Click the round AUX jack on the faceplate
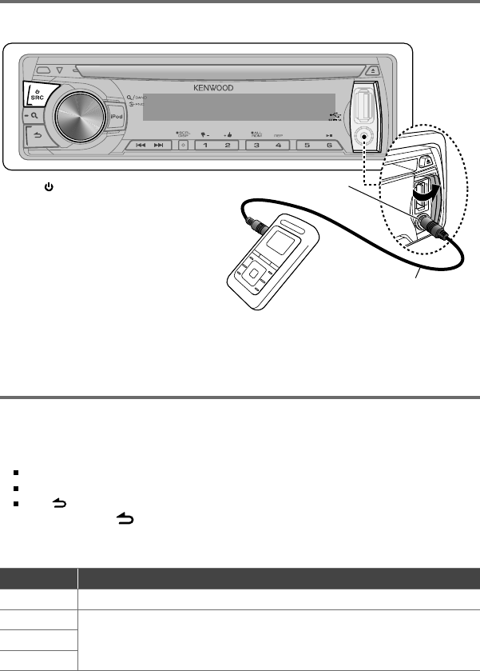tap(366, 135)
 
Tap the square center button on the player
tap(253, 274)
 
